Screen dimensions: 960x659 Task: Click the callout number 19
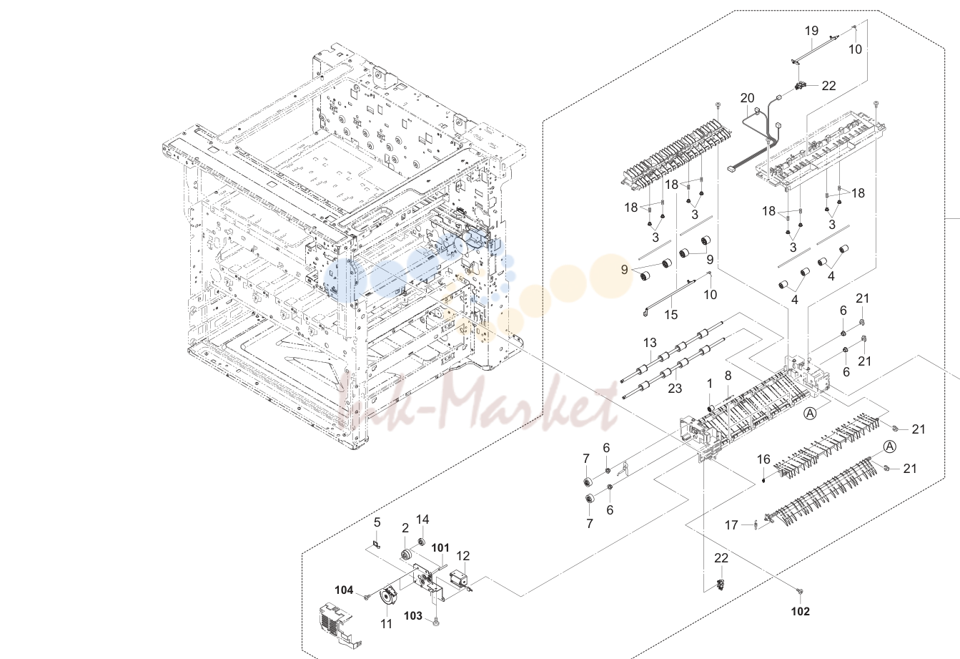[x=811, y=31]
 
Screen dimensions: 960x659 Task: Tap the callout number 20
[x=747, y=98]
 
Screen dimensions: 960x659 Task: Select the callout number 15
[x=670, y=315]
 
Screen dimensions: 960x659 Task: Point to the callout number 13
[x=650, y=343]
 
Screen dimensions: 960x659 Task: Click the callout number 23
[x=675, y=389]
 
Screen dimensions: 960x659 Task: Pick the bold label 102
[x=800, y=611]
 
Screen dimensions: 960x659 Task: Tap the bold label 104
[x=344, y=590]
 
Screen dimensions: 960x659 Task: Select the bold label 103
[x=413, y=616]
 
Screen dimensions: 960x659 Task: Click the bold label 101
[x=440, y=548]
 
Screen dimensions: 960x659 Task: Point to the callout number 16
[x=763, y=460]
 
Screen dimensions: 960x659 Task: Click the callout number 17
[x=731, y=525]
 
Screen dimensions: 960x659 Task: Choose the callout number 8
[x=728, y=376]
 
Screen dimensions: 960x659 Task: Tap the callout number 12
[x=463, y=556]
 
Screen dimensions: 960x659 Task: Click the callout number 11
[x=386, y=624]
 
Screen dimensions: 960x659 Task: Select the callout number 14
[x=422, y=519]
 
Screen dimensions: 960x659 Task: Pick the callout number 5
[x=377, y=522]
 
